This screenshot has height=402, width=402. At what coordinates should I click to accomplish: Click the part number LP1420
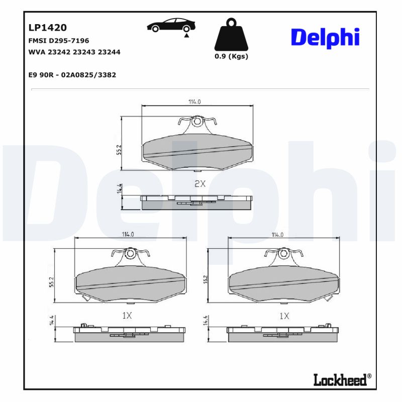click(48, 28)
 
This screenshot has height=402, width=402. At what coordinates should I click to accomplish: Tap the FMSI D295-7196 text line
click(59, 41)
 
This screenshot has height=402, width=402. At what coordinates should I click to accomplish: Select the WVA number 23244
click(110, 52)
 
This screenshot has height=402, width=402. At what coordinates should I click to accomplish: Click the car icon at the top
click(171, 26)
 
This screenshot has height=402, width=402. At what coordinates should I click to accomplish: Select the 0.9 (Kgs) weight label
click(231, 56)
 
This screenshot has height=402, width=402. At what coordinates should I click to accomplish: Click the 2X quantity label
click(200, 184)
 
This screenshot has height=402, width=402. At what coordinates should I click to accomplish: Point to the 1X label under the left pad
click(127, 316)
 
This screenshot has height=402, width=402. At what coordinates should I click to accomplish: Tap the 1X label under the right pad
click(284, 316)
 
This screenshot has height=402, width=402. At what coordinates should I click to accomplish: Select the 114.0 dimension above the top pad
click(194, 102)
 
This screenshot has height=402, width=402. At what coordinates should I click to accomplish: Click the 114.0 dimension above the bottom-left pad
click(127, 234)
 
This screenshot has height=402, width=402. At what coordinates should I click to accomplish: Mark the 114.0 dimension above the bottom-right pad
click(277, 234)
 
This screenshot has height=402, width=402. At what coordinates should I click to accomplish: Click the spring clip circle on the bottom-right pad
click(285, 253)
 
